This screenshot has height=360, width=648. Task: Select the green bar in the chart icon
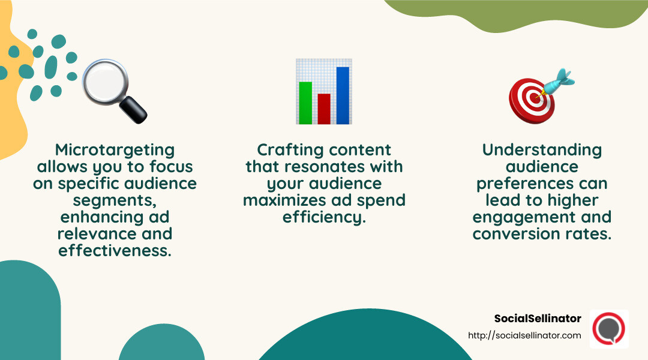(x=305, y=102)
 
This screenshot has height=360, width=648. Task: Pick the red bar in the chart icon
(x=324, y=108)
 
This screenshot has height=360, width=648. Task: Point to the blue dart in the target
(x=559, y=81)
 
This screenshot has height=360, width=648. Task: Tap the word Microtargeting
(x=115, y=150)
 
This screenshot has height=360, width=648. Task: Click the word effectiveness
(x=115, y=250)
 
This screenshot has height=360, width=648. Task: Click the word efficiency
(x=324, y=217)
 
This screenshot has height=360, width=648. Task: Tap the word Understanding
(x=542, y=150)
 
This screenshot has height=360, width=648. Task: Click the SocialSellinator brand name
(x=538, y=319)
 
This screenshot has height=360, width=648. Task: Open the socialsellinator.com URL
(x=524, y=335)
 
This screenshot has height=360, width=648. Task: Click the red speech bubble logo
(x=609, y=329)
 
